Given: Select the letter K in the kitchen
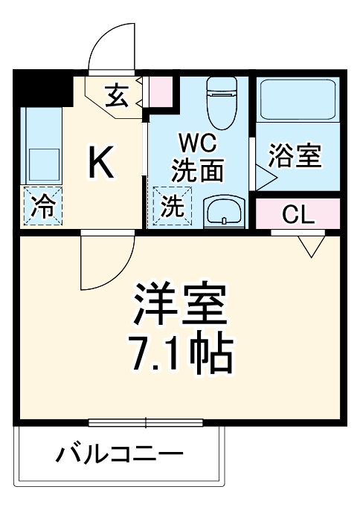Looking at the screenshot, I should [x=101, y=163].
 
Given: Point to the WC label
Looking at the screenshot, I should [x=196, y=142].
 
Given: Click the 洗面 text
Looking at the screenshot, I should [x=197, y=172].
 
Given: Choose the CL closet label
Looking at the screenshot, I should [x=299, y=215].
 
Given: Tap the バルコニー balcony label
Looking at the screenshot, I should [x=120, y=453].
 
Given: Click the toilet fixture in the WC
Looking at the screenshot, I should [x=220, y=105].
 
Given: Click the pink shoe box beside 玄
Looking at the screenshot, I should [x=159, y=91].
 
